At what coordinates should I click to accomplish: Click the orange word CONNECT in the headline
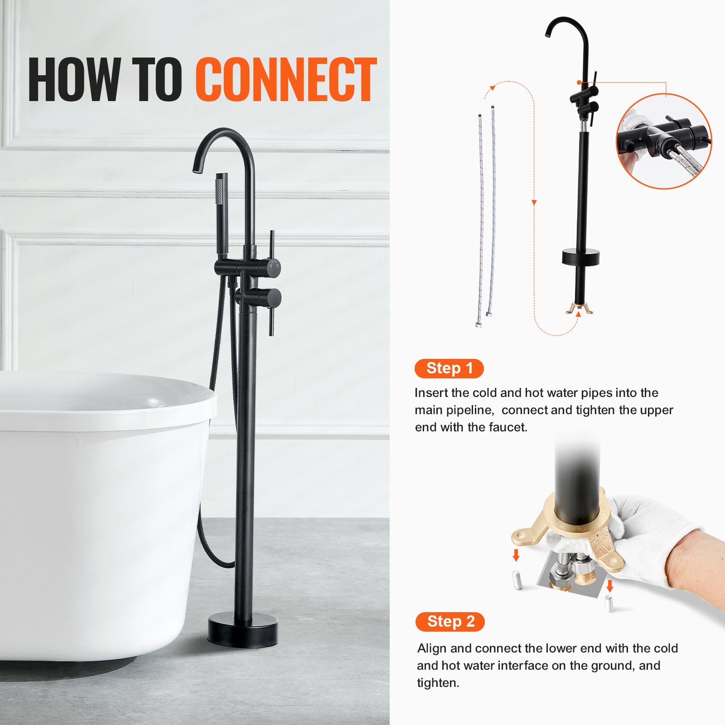286,80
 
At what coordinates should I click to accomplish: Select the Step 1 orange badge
449,368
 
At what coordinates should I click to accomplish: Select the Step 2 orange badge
449,622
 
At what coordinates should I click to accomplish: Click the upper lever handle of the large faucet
271,247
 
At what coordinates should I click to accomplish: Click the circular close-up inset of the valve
663,141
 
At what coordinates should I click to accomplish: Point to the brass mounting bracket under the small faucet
579,309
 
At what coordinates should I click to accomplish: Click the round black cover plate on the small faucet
580,257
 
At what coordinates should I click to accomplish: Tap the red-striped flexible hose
480,217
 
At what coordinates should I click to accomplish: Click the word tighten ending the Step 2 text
437,683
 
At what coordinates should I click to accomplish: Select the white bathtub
100,498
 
